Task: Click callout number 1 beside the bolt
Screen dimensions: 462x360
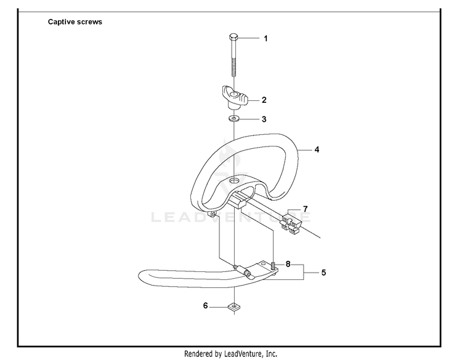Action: (x=265, y=39)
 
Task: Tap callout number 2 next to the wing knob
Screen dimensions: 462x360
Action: (x=264, y=100)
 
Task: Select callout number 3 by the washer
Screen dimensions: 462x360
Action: (x=264, y=119)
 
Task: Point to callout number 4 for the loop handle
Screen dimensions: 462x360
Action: (x=317, y=150)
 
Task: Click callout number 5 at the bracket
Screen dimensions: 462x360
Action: (x=323, y=273)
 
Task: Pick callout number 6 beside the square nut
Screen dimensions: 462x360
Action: (x=205, y=306)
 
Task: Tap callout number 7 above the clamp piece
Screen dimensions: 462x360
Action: (x=306, y=209)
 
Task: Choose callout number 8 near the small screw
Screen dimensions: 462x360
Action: (x=288, y=264)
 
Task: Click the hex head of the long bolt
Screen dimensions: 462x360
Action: (x=233, y=38)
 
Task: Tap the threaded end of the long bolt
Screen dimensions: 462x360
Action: (x=233, y=67)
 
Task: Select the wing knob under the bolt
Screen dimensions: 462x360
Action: (x=235, y=97)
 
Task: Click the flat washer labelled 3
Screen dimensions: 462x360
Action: (x=234, y=119)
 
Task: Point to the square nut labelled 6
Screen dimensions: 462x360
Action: (x=234, y=307)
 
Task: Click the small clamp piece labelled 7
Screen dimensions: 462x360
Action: (x=291, y=222)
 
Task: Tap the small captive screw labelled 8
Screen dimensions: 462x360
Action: (x=274, y=265)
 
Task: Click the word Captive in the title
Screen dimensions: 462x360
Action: (x=61, y=22)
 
